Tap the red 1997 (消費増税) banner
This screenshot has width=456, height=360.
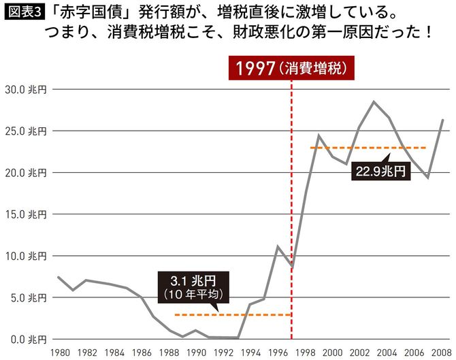[291, 68]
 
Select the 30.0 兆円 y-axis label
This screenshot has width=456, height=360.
[25, 89]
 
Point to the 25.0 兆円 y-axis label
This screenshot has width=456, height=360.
[25, 131]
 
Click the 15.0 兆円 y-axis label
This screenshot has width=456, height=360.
[25, 214]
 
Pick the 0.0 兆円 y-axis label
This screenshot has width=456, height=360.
[25, 340]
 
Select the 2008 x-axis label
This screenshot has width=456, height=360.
[442, 353]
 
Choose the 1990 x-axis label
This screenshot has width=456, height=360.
[195, 353]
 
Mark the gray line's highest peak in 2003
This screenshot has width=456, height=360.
[374, 101]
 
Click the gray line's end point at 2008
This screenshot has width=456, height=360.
[443, 120]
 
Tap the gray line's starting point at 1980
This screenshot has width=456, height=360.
[59, 277]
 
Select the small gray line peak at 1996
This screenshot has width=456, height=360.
[278, 246]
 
